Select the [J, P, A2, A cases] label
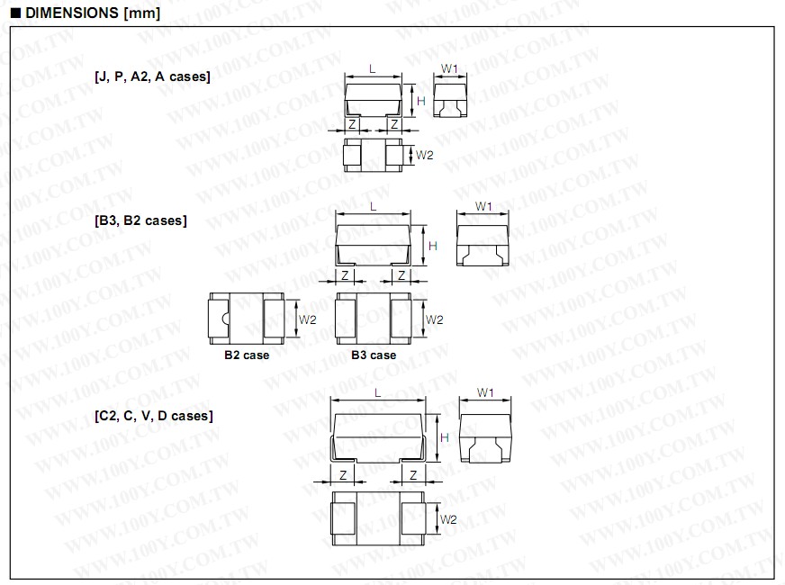152,77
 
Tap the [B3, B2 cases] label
140,220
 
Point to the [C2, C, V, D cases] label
154,416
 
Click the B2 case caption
247,355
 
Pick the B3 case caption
374,355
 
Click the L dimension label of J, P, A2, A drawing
373,68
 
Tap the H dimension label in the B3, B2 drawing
433,246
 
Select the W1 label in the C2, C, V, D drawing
484,392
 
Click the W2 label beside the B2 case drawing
308,319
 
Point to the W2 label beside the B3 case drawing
435,319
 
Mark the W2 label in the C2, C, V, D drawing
448,519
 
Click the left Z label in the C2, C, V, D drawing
342,475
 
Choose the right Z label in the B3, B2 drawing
402,275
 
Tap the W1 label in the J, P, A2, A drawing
450,68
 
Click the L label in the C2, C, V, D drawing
377,392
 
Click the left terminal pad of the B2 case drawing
216,318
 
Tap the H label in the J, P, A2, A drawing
420,102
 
